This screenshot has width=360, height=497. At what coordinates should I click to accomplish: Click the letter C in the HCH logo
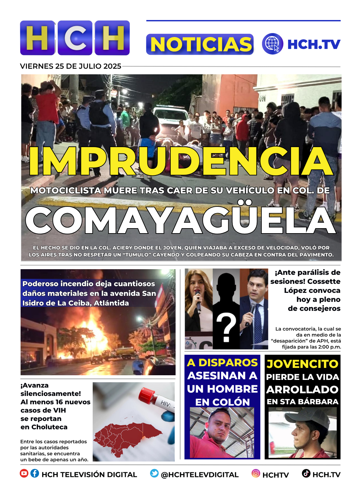click(x=75, y=38)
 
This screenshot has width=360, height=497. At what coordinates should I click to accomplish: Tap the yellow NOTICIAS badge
click(x=200, y=44)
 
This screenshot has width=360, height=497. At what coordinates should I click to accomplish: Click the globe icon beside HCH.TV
click(x=272, y=44)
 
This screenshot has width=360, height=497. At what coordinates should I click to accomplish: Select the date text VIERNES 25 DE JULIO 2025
click(x=70, y=66)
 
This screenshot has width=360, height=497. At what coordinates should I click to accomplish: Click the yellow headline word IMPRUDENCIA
click(x=181, y=161)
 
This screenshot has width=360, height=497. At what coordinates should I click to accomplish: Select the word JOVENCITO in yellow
click(x=302, y=364)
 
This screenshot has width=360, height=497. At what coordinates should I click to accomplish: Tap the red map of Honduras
click(x=127, y=438)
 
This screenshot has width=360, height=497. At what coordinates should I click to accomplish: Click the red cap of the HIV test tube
click(x=145, y=395)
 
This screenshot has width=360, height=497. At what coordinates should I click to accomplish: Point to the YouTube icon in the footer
click(x=24, y=473)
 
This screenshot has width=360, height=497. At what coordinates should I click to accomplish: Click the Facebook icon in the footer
click(x=35, y=473)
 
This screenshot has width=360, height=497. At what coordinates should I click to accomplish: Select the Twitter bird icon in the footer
click(x=154, y=473)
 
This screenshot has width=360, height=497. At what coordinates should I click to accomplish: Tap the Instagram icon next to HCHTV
click(x=256, y=473)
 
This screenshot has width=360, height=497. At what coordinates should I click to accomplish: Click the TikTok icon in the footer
click(x=306, y=473)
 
